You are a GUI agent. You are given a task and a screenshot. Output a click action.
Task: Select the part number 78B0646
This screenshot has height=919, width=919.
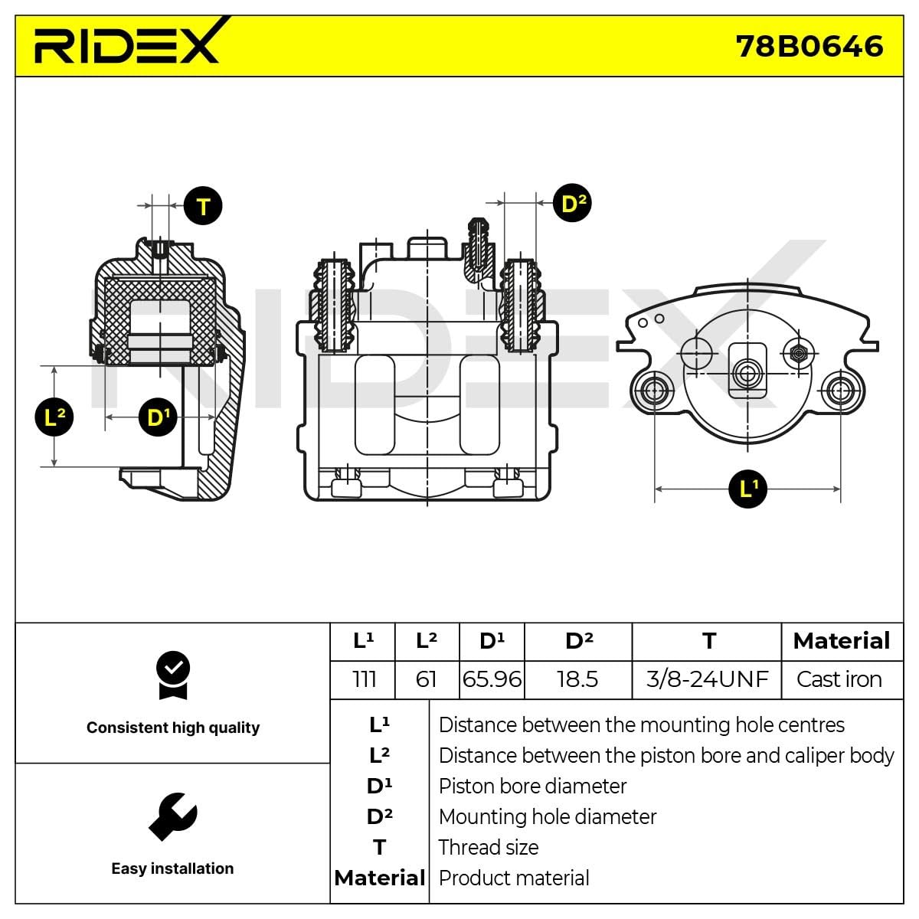pyautogui.click(x=809, y=46)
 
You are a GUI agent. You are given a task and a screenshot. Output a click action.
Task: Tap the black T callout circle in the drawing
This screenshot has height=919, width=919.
pyautogui.click(x=203, y=206)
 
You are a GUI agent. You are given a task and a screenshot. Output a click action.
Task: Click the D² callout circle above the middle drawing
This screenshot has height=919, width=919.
pyautogui.click(x=572, y=203)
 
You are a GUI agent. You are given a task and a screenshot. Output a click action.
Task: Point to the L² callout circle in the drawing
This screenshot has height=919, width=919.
pyautogui.click(x=54, y=417)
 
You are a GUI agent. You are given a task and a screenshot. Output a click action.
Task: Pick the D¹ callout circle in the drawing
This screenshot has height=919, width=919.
pyautogui.click(x=158, y=417)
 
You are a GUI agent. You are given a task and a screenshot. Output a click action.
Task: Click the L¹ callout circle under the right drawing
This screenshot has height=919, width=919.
pyautogui.click(x=747, y=488)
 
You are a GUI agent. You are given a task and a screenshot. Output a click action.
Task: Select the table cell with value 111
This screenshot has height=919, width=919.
pyautogui.click(x=363, y=679)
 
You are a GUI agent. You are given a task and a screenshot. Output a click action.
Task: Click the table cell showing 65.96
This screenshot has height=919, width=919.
pyautogui.click(x=492, y=679)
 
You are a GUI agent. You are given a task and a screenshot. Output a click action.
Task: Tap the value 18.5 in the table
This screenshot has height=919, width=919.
pyautogui.click(x=577, y=679)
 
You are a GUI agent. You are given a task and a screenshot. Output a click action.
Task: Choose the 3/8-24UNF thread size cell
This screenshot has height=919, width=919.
pyautogui.click(x=706, y=679)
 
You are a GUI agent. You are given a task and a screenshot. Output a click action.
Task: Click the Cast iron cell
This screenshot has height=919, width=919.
pyautogui.click(x=839, y=679)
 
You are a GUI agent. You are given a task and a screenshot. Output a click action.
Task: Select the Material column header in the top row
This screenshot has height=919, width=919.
pyautogui.click(x=841, y=641)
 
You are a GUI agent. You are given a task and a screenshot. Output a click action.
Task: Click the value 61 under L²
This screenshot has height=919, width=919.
pyautogui.click(x=426, y=679)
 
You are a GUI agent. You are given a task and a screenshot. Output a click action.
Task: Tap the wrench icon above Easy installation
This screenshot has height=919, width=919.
pyautogui.click(x=173, y=816)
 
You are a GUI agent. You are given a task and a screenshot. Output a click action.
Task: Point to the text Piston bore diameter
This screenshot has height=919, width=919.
pyautogui.click(x=532, y=787)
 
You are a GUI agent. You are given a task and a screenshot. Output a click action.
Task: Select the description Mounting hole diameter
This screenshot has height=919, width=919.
pyautogui.click(x=547, y=817)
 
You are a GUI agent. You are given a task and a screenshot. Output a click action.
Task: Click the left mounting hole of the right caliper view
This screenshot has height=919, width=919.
pyautogui.click(x=654, y=390)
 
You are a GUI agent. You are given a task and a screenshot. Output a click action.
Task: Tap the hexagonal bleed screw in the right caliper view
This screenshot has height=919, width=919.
pyautogui.click(x=798, y=353)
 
